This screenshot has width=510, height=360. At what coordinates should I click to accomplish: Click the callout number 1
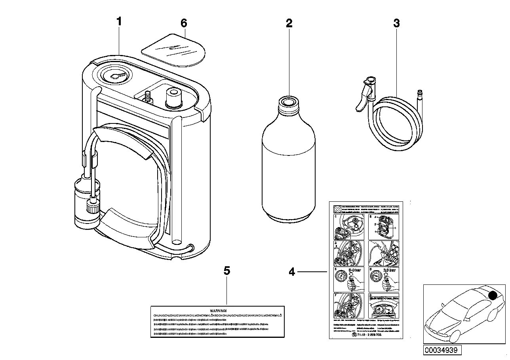pos(119,22)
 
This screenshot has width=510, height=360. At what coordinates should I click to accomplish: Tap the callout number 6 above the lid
pos(183,23)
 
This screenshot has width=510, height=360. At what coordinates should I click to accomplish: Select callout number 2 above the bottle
pos(289,23)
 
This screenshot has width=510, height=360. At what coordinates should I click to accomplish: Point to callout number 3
pos(396,23)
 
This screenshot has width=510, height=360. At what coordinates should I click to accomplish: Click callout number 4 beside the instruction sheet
pos(292,272)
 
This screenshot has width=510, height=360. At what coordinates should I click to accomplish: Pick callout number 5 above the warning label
pos(226,271)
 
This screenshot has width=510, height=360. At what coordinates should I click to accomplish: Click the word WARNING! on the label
pos(217,311)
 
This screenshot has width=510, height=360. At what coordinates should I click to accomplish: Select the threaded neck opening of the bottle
pos(289,101)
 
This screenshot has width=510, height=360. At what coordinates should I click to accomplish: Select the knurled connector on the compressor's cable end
pos(91,207)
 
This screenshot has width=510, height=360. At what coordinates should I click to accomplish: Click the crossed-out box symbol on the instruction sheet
pos(337,208)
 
